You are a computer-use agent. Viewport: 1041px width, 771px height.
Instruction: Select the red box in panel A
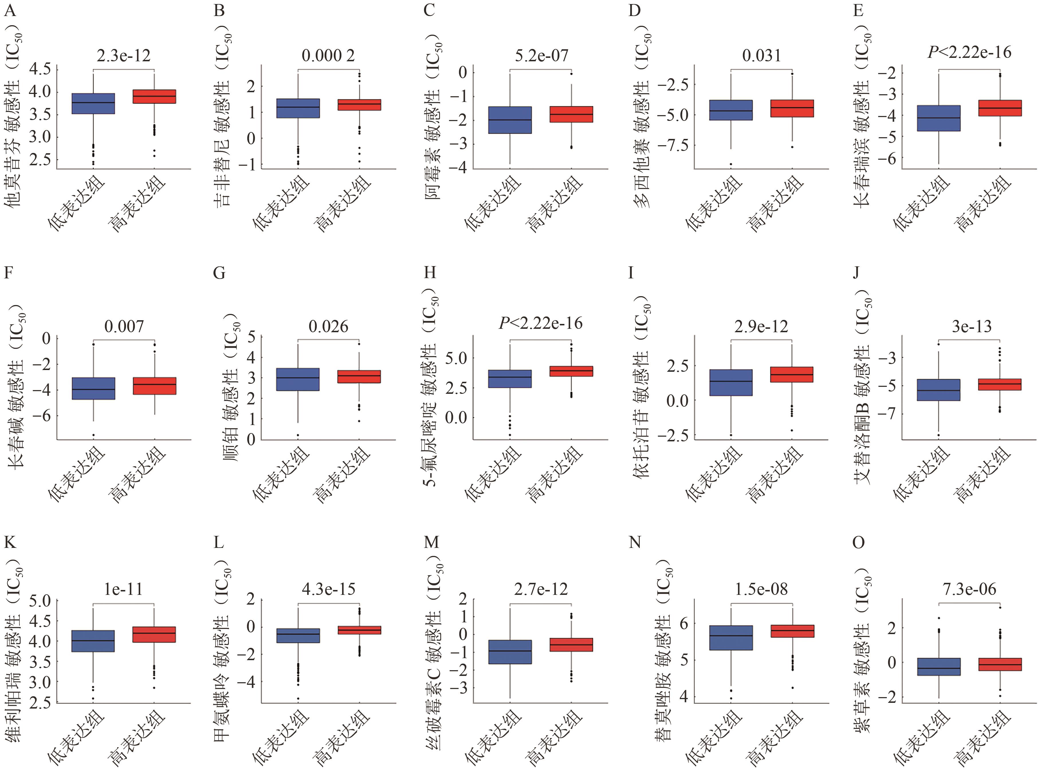pyautogui.click(x=154, y=97)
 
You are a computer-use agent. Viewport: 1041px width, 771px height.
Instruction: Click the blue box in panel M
pyautogui.click(x=510, y=652)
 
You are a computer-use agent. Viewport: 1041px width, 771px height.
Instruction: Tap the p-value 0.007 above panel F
pyautogui.click(x=124, y=327)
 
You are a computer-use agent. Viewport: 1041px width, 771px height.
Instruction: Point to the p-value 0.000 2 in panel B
pyautogui.click(x=328, y=56)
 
